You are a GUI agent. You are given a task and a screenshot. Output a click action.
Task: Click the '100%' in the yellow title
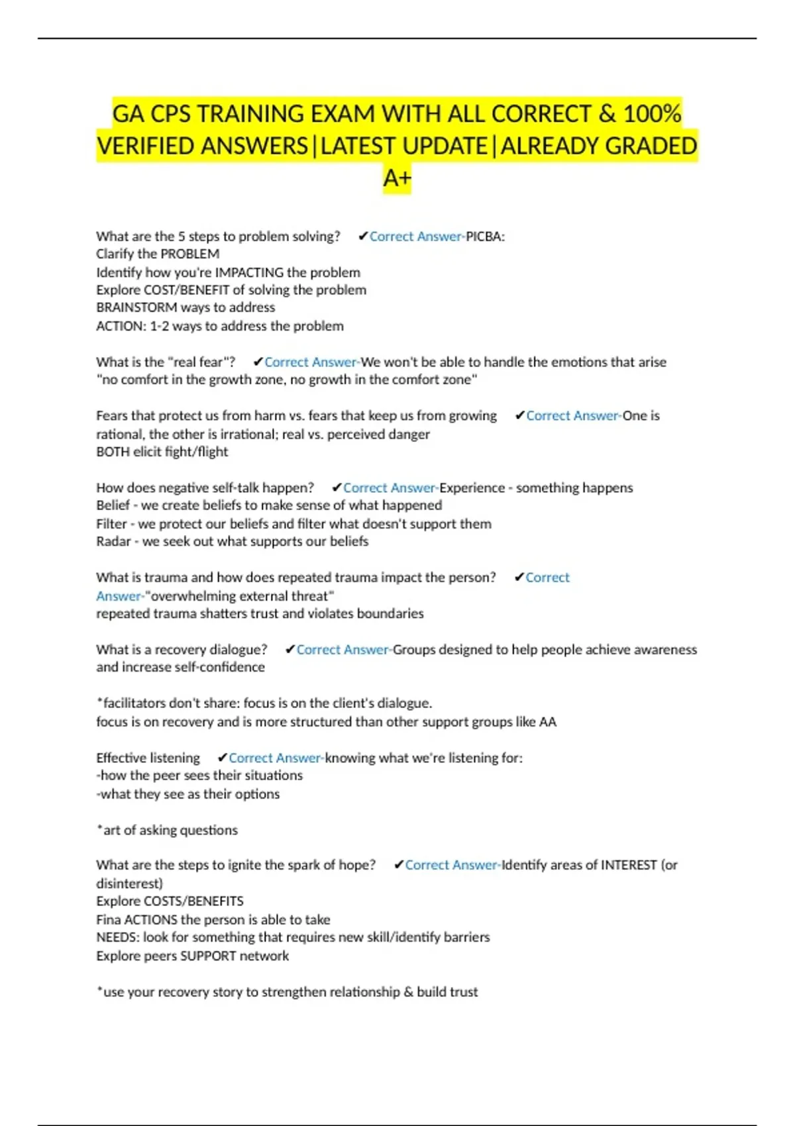[x=652, y=114]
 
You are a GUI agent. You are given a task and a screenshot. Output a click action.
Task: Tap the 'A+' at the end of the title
[x=397, y=178]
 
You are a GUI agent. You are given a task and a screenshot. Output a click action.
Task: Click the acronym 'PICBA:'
[x=485, y=236]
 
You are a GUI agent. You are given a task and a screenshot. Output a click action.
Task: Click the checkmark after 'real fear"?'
[x=258, y=362]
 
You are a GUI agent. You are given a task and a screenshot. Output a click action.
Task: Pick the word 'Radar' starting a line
[x=113, y=541]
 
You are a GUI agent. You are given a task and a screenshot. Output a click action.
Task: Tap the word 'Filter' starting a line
[x=111, y=524]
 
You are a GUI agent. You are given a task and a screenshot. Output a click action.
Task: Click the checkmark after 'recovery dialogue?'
[x=290, y=650]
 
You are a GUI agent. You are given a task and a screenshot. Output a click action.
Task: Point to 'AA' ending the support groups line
[x=548, y=722]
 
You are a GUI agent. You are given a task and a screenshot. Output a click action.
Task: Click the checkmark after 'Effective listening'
[x=222, y=758]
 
